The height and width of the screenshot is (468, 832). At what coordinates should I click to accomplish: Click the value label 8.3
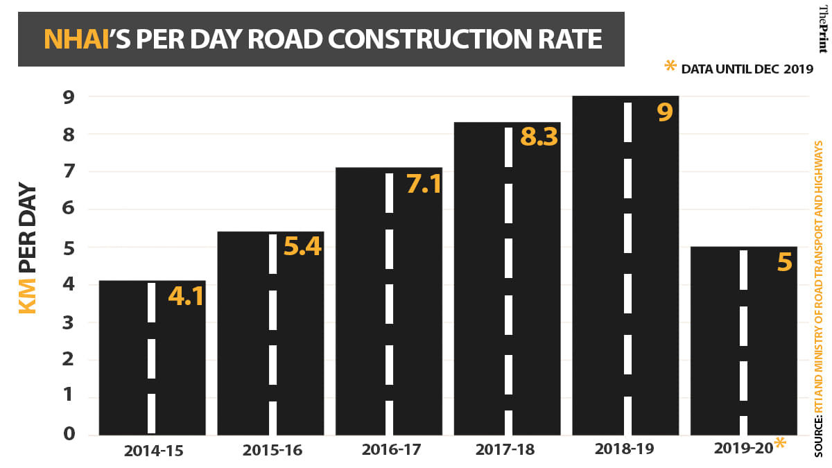(539, 138)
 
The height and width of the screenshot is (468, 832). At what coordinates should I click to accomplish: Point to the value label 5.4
(303, 246)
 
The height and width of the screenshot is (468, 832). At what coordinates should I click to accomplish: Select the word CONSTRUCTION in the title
(438, 39)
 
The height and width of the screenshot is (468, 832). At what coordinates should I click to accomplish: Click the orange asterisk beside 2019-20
(780, 444)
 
